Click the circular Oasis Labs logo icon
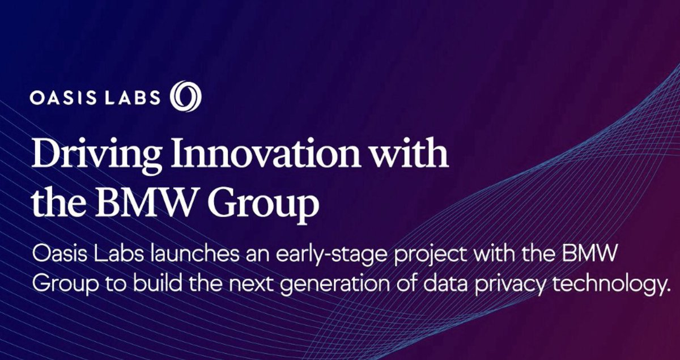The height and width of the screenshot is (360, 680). [186, 97]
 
